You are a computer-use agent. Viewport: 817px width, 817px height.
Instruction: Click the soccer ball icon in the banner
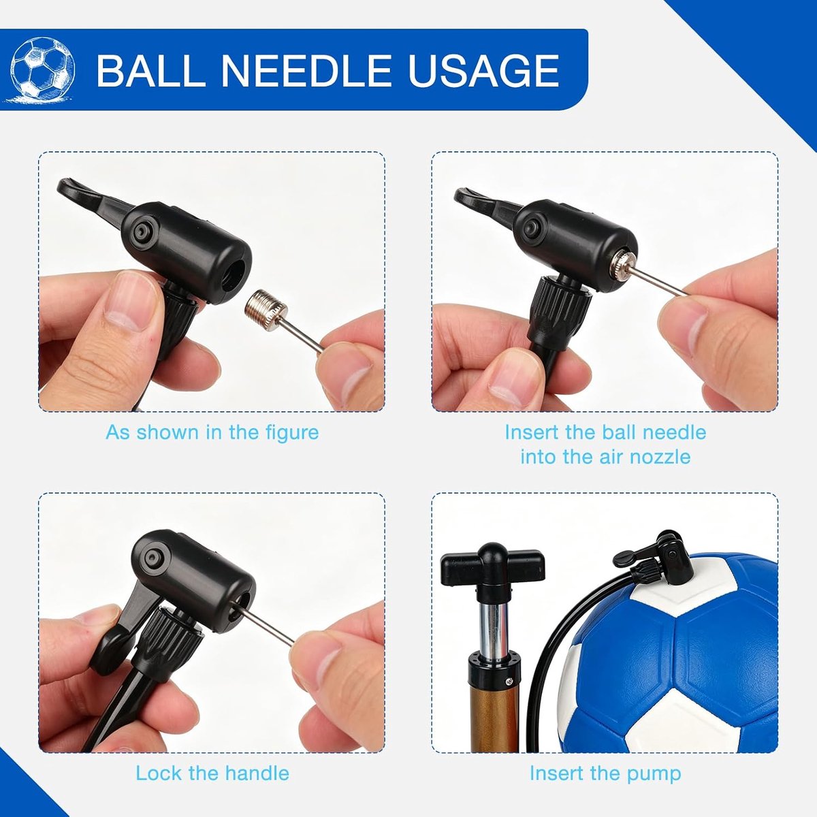pyautogui.click(x=42, y=69)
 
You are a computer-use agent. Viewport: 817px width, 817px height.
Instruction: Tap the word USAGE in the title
pyautogui.click(x=483, y=70)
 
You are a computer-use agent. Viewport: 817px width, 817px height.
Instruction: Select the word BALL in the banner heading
pyautogui.click(x=149, y=70)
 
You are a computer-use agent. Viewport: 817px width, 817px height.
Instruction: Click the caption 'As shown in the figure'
pyautogui.click(x=212, y=433)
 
